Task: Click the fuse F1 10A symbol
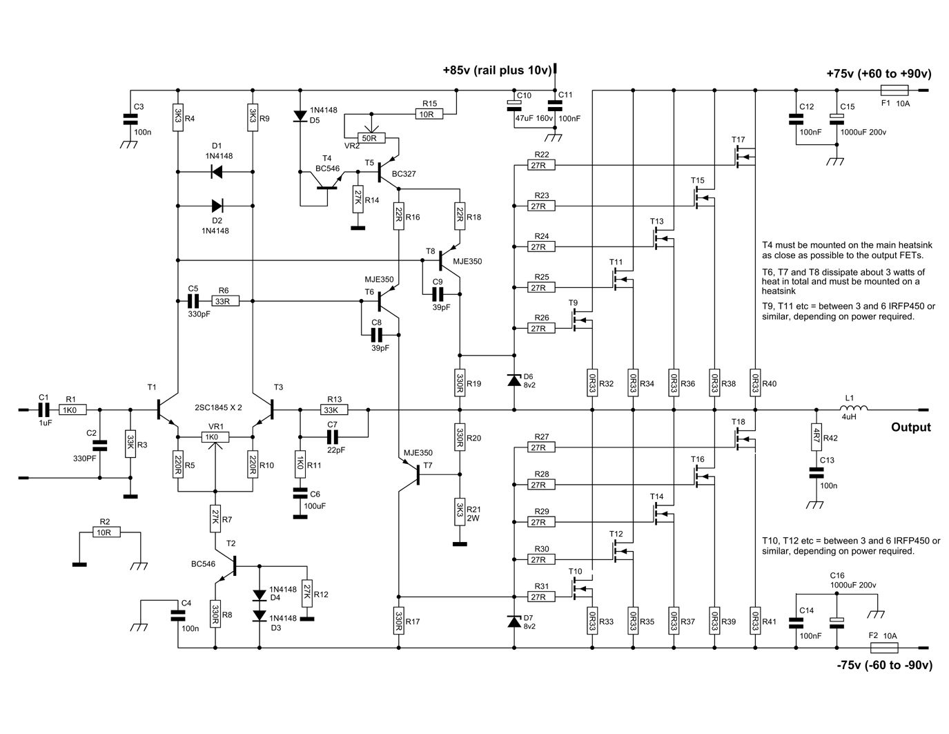coord(894,90)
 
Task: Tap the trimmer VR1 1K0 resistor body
coord(211,436)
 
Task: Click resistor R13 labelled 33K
coord(334,409)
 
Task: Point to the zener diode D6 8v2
coord(513,380)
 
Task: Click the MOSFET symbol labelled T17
coord(743,157)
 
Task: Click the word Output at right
coord(910,427)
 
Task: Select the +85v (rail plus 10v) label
coord(497,70)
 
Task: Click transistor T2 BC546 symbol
coord(228,566)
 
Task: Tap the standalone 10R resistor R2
coord(107,532)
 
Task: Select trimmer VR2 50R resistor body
coord(371,138)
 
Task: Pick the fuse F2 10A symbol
coord(885,648)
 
